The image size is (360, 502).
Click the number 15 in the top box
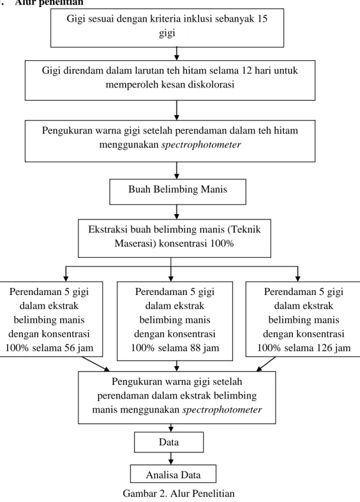pyautogui.click(x=262, y=18)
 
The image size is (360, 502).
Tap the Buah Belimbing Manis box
pyautogui.click(x=178, y=192)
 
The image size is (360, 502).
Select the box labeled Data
pyautogui.click(x=169, y=442)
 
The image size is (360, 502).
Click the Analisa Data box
pyautogui.click(x=174, y=474)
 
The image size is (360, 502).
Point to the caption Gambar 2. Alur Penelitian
pyautogui.click(x=179, y=493)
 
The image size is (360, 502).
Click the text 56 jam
pyautogui.click(x=79, y=348)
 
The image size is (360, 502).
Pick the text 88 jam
pyautogui.click(x=205, y=348)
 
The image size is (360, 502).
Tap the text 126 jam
pyautogui.click(x=333, y=348)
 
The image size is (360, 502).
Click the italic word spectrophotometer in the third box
pyautogui.click(x=201, y=145)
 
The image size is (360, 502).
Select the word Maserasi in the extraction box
pyautogui.click(x=135, y=243)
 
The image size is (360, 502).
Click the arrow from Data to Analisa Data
pyautogui.click(x=171, y=458)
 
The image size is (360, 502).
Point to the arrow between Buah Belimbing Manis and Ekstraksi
pyautogui.click(x=177, y=212)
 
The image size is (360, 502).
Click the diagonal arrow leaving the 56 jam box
pyautogui.click(x=96, y=364)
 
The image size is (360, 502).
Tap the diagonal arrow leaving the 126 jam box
pyautogui.click(x=266, y=364)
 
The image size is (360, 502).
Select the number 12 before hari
pyautogui.click(x=247, y=70)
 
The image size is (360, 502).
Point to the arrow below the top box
pyautogui.click(x=177, y=54)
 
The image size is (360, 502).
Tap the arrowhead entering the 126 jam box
pyautogui.click(x=298, y=278)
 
